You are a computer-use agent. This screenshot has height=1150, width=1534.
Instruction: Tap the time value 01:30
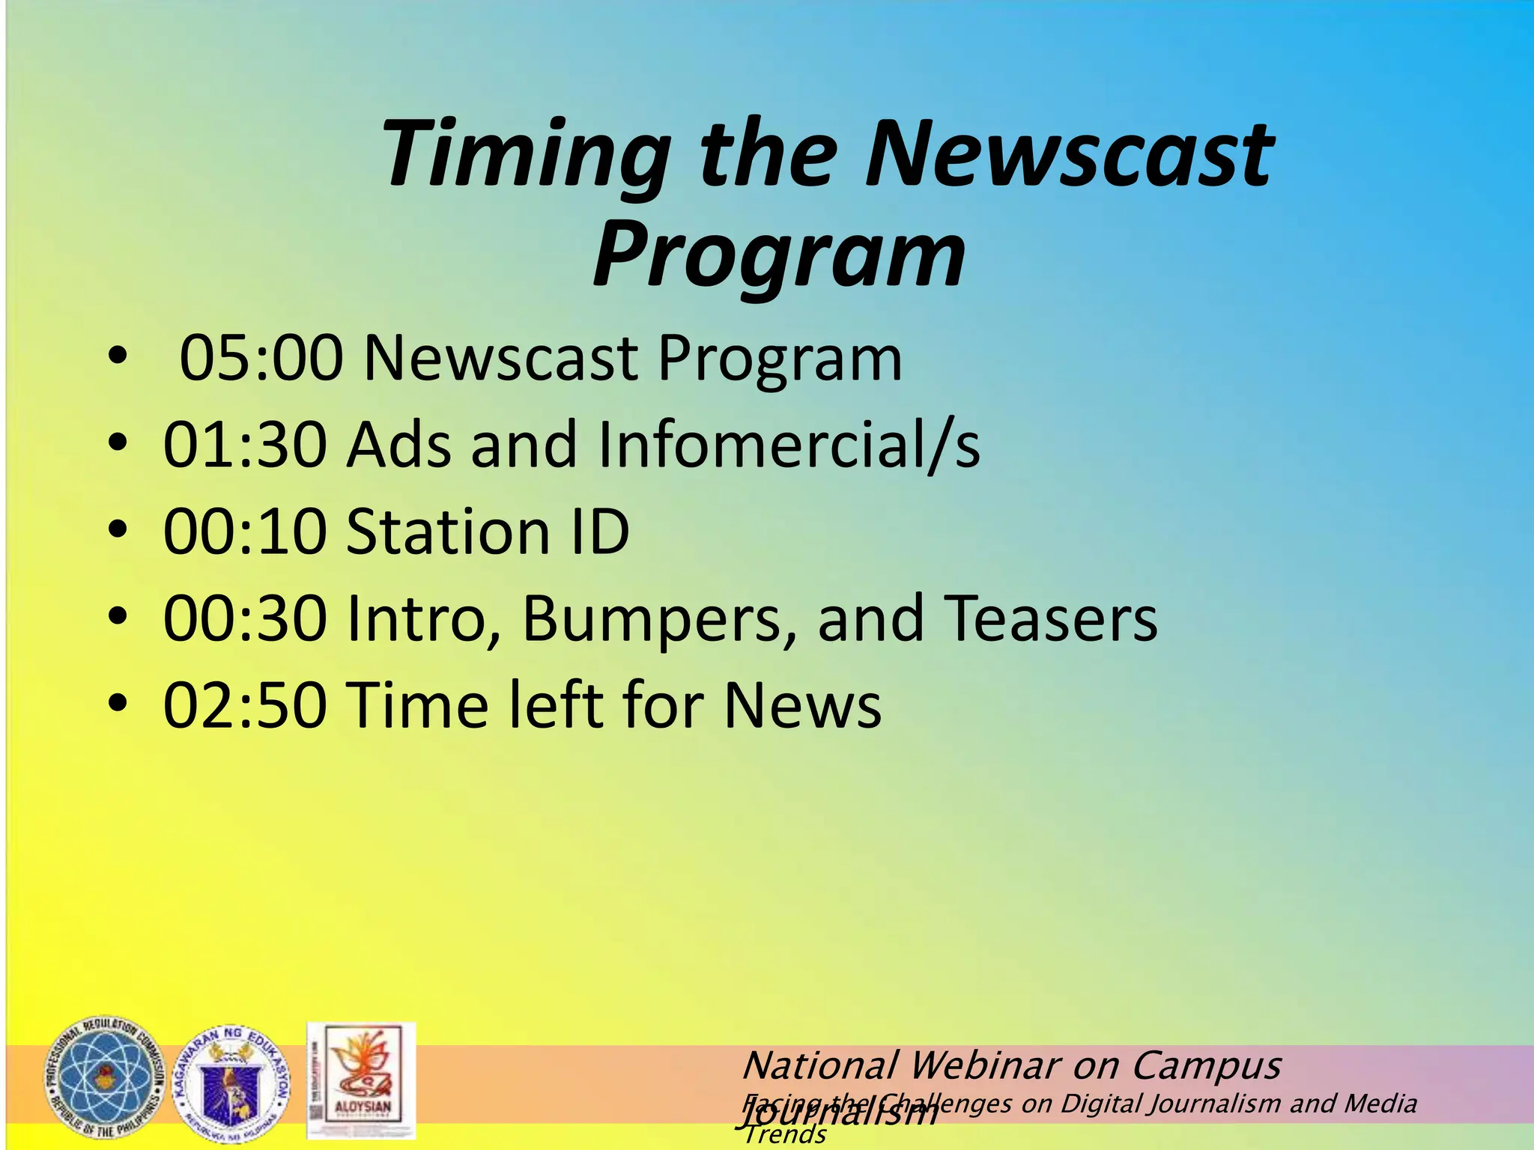point(245,445)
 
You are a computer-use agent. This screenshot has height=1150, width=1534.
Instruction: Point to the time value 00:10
point(245,532)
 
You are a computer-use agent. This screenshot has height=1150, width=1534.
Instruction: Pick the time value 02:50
point(245,705)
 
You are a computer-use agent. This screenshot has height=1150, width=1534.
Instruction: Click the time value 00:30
point(245,618)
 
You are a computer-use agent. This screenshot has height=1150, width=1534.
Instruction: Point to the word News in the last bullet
point(802,705)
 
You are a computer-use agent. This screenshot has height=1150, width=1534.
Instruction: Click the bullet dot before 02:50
point(118,704)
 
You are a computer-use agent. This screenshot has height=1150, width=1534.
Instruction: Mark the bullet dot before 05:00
point(118,356)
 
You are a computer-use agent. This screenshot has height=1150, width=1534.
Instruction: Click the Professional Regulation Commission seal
point(105,1078)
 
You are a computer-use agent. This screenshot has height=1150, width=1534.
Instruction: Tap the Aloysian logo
point(361,1080)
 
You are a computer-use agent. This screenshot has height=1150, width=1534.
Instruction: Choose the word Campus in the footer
point(1206,1065)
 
